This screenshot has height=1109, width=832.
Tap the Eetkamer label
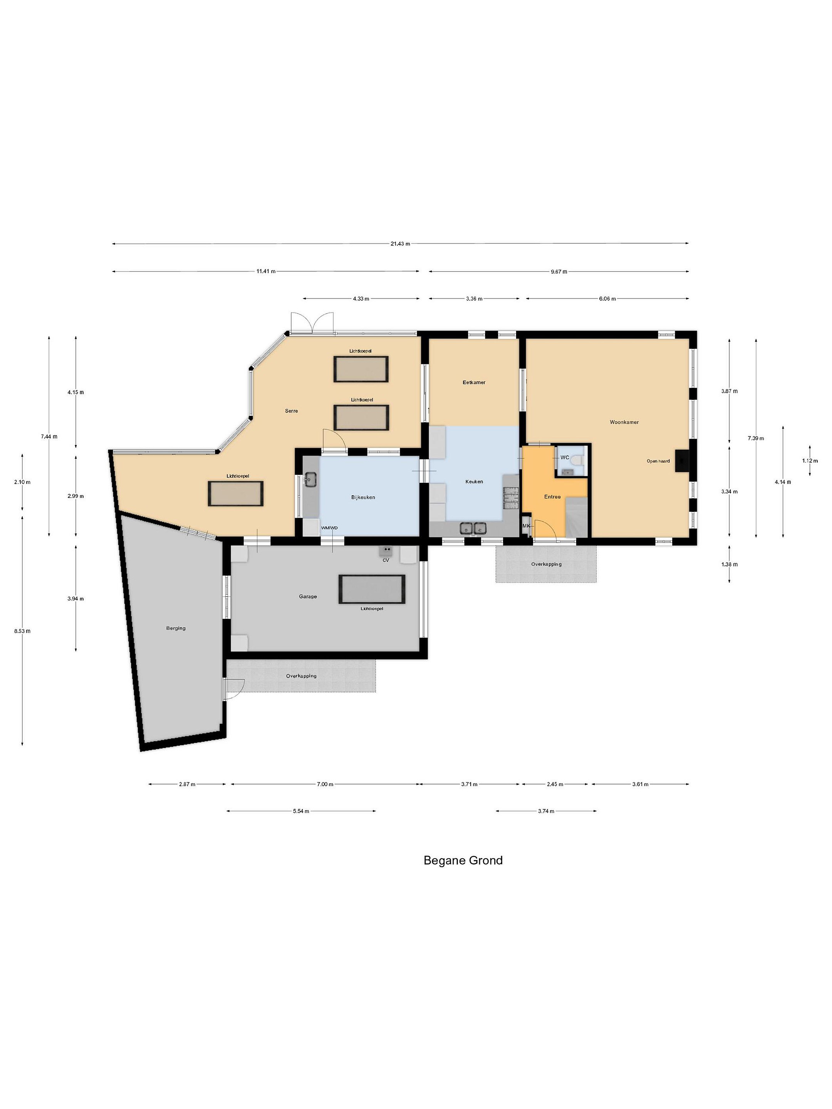[473, 382]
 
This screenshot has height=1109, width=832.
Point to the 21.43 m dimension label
[400, 244]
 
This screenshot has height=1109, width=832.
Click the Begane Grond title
[463, 860]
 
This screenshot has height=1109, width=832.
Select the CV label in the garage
[386, 560]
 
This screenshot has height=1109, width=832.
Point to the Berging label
[176, 628]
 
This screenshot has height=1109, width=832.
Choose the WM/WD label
[329, 528]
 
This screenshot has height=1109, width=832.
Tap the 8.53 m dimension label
[22, 631]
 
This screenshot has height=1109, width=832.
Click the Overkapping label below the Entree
[546, 564]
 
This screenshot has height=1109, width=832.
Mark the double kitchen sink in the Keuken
[473, 528]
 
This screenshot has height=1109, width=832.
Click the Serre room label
[291, 410]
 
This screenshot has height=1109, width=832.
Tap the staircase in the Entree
[576, 516]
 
